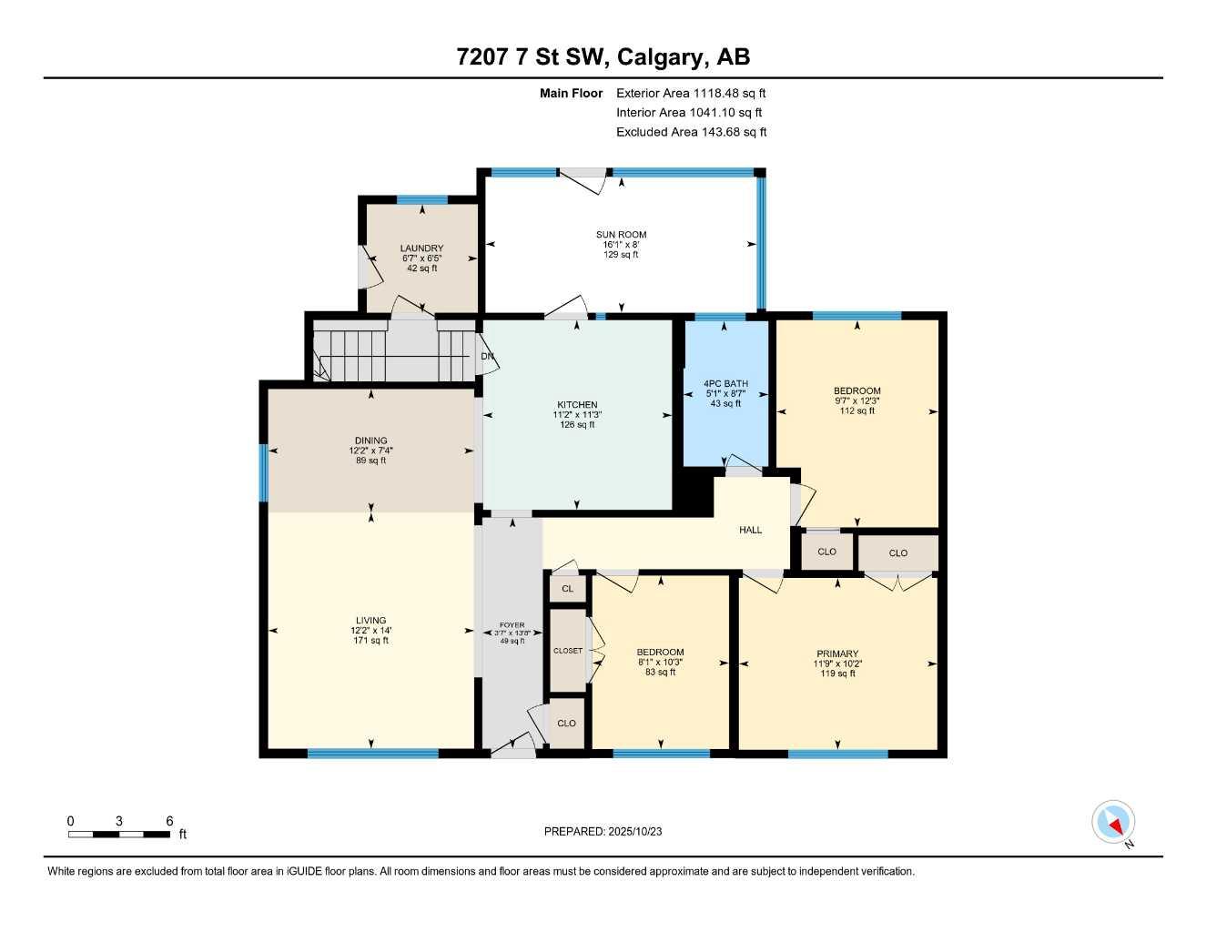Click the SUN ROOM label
point(621,235)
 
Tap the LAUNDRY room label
point(421,248)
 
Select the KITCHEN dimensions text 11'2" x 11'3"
point(577,415)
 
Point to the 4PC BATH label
point(725,384)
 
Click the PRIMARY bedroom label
point(836,653)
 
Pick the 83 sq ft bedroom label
point(660,652)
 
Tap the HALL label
point(750,530)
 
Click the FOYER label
point(512,625)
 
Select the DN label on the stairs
point(487,356)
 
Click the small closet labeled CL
point(567,589)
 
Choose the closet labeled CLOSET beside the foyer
point(567,651)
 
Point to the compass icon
point(1113,823)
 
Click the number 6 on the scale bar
point(169,821)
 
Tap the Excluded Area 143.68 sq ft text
point(691,132)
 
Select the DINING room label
point(370,441)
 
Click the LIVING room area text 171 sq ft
point(370,641)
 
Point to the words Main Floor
point(571,93)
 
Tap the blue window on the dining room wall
point(263,472)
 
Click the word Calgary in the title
point(660,57)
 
